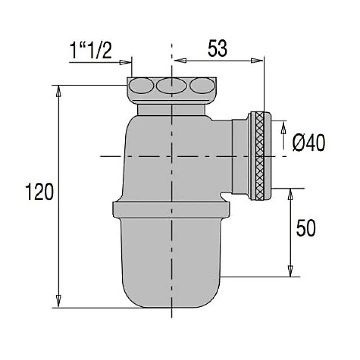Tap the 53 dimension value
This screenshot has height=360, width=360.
click(x=218, y=49)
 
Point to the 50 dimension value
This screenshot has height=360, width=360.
click(x=306, y=229)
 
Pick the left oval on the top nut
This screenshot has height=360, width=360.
click(x=141, y=86)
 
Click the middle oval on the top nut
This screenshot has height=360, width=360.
click(x=171, y=86)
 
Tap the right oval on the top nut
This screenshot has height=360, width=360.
click(x=202, y=86)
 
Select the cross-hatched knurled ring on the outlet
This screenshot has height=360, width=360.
click(x=260, y=155)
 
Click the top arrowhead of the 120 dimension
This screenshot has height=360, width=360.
click(x=59, y=90)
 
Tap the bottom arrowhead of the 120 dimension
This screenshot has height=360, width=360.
click(x=59, y=301)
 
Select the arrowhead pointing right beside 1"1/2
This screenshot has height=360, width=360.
click(x=125, y=62)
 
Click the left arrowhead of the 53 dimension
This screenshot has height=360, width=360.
click(x=180, y=61)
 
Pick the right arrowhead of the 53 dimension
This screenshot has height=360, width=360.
click(x=255, y=61)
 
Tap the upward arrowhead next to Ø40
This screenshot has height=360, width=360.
click(x=283, y=127)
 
